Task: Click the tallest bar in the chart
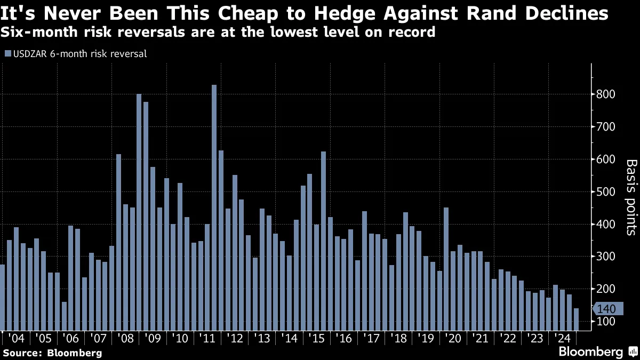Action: coord(214,208)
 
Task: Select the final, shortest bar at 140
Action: coord(576,319)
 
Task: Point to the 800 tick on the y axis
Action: coord(606,94)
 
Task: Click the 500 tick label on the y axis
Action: coord(606,192)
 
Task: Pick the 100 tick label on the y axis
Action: coord(606,322)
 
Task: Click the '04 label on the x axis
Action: coord(16,338)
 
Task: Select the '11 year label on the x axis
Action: coord(207,338)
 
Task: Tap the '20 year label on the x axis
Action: coord(454,338)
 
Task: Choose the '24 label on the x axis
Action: coord(563,338)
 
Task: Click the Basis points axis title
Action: coord(631,197)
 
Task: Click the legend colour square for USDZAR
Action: coord(7,53)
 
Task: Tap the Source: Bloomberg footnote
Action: coord(52,353)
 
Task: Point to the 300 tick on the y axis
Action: coord(606,257)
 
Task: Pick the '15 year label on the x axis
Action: coord(317,338)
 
